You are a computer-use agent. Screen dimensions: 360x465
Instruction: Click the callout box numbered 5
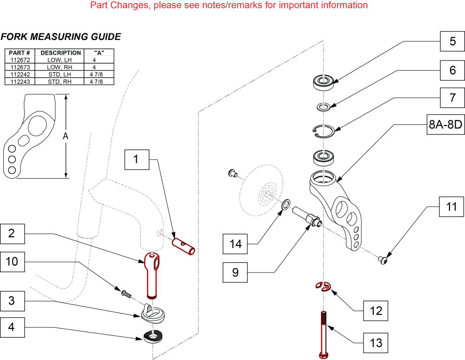(452, 41)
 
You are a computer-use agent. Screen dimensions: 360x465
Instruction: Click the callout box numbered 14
(236, 244)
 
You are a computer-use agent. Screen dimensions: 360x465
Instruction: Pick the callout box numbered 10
(13, 262)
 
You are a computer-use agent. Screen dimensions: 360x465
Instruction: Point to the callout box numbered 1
(136, 160)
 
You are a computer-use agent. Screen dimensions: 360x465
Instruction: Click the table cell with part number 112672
(20, 60)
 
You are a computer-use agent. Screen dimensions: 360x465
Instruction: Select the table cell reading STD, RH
(60, 81)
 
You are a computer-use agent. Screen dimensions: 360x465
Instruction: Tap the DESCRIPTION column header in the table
(60, 53)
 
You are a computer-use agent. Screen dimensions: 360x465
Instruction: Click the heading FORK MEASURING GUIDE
(61, 37)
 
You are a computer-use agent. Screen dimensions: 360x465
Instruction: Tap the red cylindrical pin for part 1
(184, 246)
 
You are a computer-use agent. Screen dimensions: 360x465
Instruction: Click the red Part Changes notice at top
(229, 5)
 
